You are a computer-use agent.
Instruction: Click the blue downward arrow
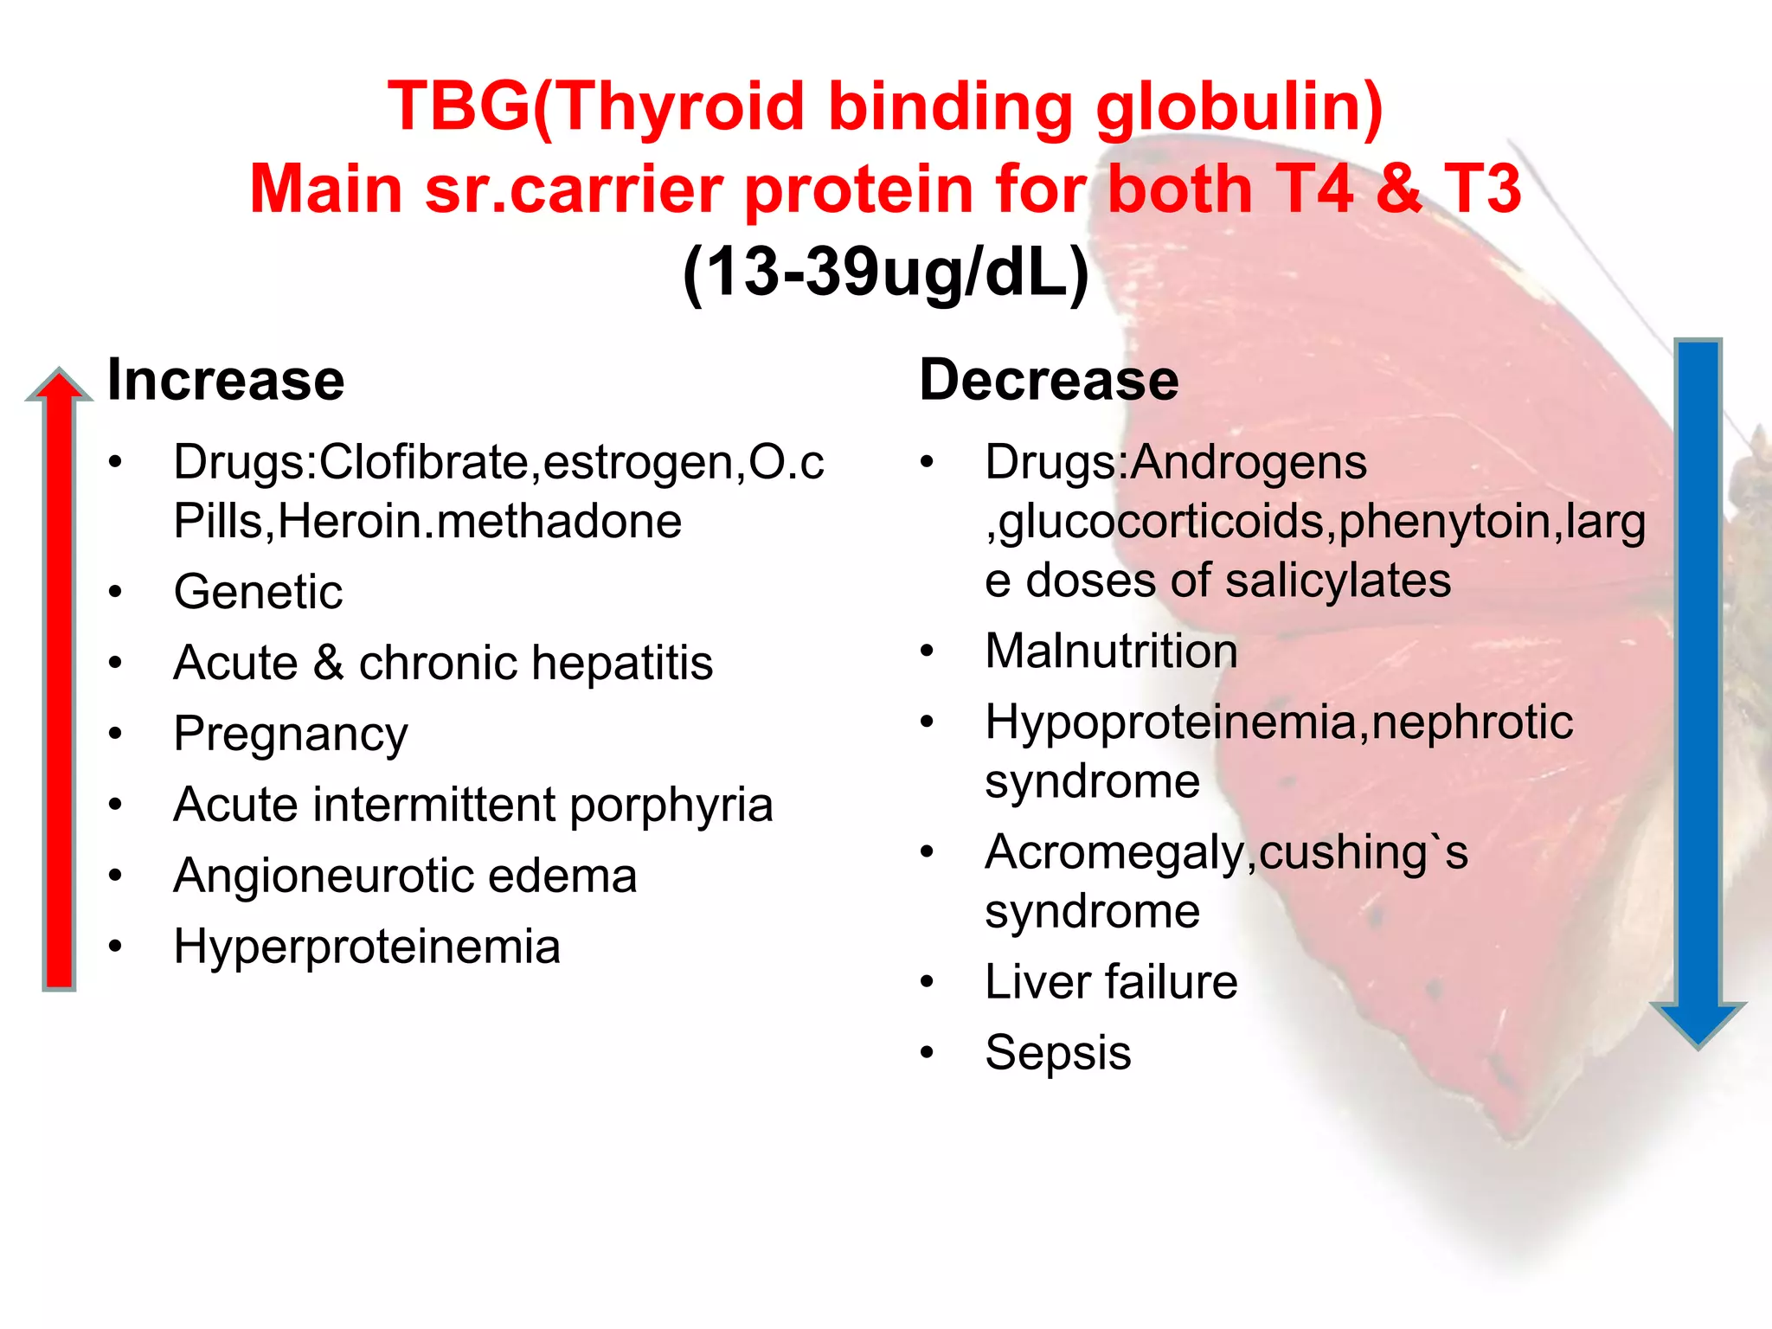click(x=1698, y=692)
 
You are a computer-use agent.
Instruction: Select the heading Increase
click(x=226, y=380)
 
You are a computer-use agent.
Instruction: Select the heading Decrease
click(x=1049, y=380)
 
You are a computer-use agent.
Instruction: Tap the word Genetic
click(x=258, y=593)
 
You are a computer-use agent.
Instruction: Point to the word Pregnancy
click(x=291, y=735)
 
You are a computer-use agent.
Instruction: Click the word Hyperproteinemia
click(x=367, y=947)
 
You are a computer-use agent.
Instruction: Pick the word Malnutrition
click(x=1111, y=651)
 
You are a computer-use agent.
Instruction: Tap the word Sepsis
click(x=1057, y=1053)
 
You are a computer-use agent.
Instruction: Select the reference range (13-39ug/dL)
click(x=885, y=272)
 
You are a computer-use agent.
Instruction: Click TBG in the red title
click(x=459, y=106)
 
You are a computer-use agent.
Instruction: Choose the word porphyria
click(x=671, y=805)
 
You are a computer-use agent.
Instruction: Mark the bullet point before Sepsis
click(x=928, y=1053)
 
